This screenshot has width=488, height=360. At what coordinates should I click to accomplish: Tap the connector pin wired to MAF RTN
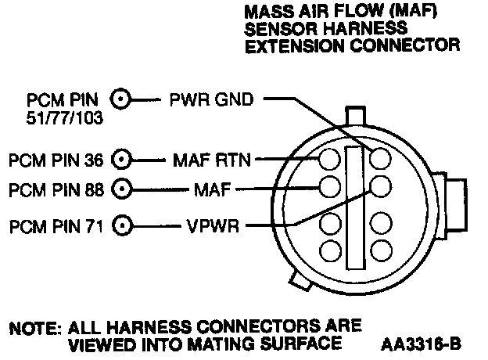click(x=329, y=160)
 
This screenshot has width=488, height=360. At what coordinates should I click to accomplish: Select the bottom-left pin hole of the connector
click(x=329, y=251)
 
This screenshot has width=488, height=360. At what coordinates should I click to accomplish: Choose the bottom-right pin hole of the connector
click(x=380, y=251)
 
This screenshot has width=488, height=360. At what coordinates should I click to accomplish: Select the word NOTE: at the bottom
click(x=34, y=325)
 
